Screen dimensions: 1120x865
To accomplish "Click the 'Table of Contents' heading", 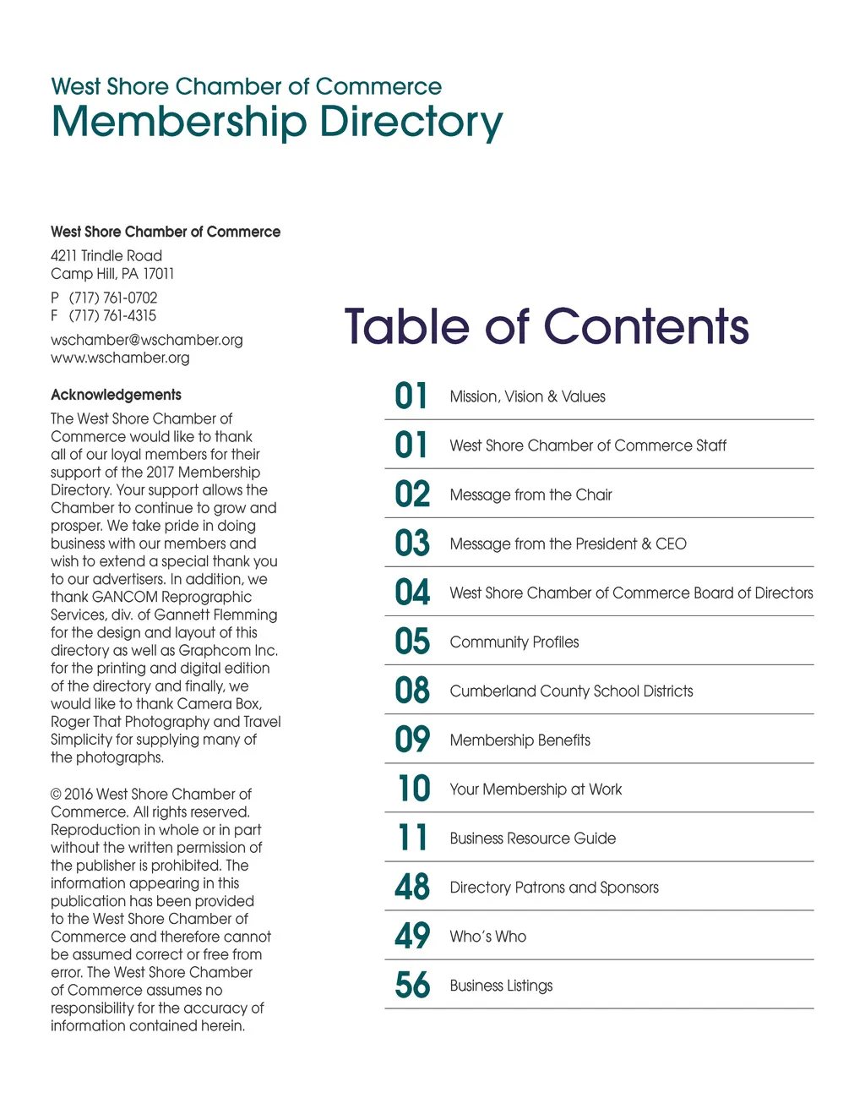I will (x=547, y=327).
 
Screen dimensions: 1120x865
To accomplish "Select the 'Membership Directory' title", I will (x=276, y=122).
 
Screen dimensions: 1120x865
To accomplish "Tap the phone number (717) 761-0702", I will (x=113, y=298).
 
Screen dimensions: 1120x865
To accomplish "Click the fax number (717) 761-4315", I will (x=112, y=315).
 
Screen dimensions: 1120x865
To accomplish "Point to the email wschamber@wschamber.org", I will (x=146, y=340).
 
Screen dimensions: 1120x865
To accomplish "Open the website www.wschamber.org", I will (x=120, y=358).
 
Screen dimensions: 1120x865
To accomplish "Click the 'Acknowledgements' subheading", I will (x=116, y=395).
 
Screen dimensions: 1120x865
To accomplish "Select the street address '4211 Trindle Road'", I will (x=106, y=255).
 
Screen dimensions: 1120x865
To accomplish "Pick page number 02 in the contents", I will (x=412, y=494).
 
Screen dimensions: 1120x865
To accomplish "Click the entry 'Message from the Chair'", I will (x=530, y=494).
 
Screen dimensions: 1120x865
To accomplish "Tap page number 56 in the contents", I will (x=412, y=986).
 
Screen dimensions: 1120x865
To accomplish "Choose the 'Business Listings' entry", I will (x=501, y=986).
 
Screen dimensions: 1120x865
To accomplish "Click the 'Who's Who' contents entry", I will (x=487, y=937).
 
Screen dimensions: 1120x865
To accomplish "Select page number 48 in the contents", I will (x=412, y=888).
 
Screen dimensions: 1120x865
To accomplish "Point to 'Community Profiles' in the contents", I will (x=514, y=642).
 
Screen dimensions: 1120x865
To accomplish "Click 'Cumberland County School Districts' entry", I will (x=571, y=691).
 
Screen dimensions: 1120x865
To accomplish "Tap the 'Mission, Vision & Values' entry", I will (x=527, y=396).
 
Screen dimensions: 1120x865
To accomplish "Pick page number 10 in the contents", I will (x=414, y=789).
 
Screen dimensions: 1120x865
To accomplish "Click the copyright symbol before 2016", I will (x=56, y=795).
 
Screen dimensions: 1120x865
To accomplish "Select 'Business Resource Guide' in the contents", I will (x=532, y=839).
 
